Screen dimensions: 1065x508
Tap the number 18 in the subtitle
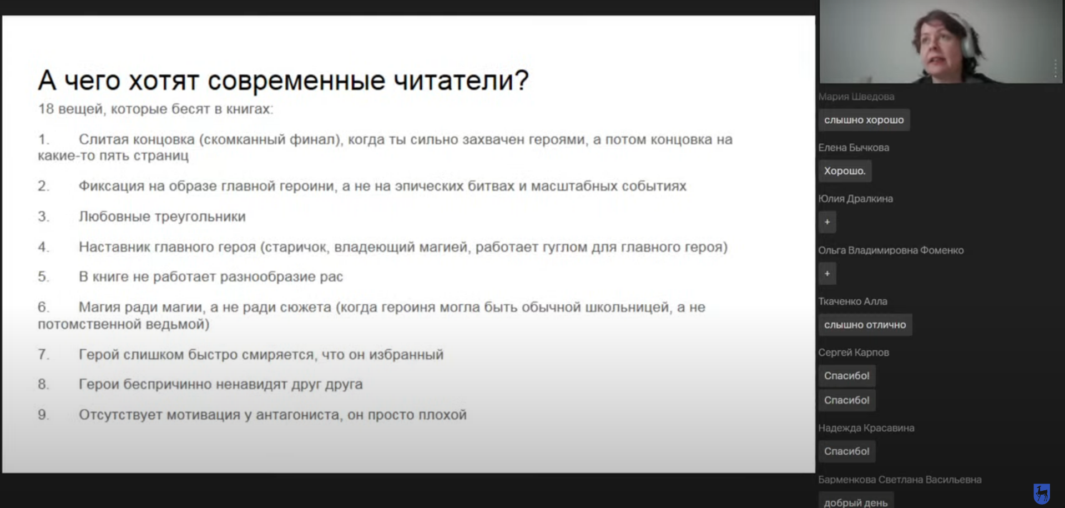point(46,109)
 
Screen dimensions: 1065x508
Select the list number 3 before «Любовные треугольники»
point(43,217)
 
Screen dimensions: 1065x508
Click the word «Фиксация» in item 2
point(111,186)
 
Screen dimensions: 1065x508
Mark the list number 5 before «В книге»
point(43,276)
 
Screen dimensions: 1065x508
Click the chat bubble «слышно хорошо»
point(864,120)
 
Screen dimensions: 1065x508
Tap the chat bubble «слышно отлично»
point(865,325)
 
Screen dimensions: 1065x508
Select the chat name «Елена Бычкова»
point(854,148)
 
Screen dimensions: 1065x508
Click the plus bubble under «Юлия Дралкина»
point(827,222)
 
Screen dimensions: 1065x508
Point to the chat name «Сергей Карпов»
point(854,353)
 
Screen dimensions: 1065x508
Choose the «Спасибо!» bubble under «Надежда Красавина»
point(847,451)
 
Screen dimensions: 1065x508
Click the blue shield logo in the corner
point(1042,494)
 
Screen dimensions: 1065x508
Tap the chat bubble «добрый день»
point(856,501)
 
